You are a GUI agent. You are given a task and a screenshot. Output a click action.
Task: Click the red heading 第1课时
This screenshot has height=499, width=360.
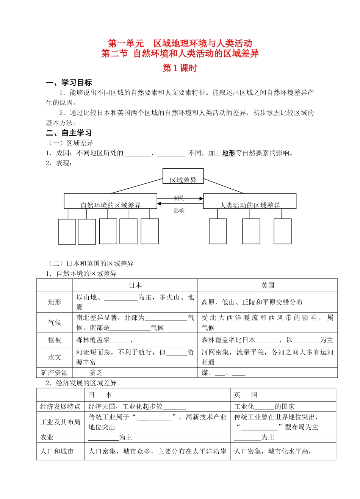(180, 68)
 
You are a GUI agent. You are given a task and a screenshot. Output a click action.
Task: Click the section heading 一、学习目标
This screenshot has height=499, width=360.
(69, 83)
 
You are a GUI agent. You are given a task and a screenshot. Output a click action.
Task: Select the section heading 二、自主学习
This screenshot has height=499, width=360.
(69, 133)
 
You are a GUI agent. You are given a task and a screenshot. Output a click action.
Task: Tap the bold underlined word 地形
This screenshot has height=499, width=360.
(229, 153)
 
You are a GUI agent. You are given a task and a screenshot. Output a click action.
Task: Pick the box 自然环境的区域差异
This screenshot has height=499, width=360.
(110, 202)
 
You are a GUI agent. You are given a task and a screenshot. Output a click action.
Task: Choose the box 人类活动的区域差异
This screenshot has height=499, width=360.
(250, 202)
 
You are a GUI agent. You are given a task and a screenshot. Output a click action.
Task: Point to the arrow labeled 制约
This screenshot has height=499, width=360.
(180, 198)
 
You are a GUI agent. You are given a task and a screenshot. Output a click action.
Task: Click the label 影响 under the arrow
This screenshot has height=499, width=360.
(179, 211)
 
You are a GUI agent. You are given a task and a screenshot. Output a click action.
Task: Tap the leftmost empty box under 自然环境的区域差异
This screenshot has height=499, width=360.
(67, 232)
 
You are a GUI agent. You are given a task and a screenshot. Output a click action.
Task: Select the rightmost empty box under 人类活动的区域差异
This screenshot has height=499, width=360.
(282, 231)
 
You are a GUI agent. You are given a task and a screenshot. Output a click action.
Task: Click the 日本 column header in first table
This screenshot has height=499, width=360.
(135, 285)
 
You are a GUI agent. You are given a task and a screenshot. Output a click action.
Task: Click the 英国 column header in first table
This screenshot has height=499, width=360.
(268, 285)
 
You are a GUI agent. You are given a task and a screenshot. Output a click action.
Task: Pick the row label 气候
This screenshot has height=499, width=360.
(55, 322)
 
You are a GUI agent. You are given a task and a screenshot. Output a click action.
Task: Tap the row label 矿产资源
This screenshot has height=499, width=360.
(55, 373)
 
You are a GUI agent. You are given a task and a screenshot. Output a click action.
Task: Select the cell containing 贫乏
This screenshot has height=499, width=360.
(96, 373)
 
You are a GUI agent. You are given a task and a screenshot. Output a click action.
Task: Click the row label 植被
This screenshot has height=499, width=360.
(55, 340)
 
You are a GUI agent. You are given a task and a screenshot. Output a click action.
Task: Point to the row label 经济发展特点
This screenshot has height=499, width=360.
(60, 407)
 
